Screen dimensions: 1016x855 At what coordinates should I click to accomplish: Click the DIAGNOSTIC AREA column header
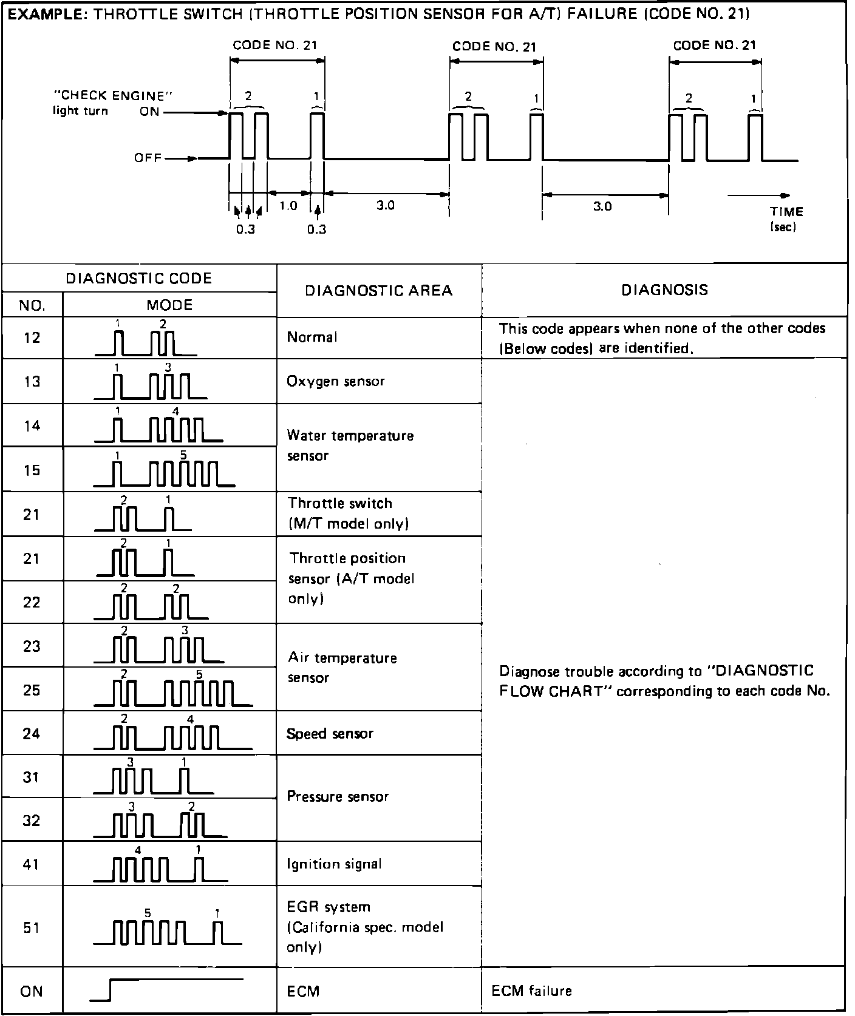pyautogui.click(x=378, y=290)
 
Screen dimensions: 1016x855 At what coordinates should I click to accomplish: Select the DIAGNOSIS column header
pyautogui.click(x=664, y=290)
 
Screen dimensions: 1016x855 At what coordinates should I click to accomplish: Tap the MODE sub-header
pyautogui.click(x=169, y=305)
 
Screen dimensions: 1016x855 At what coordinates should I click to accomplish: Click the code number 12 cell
pyautogui.click(x=32, y=337)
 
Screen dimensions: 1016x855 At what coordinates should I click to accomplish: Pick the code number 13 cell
pyautogui.click(x=32, y=381)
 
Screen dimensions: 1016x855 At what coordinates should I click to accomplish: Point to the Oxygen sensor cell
pyautogui.click(x=336, y=381)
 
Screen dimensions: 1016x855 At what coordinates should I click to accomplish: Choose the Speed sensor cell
pyautogui.click(x=330, y=733)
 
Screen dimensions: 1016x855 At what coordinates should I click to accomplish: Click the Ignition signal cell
pyautogui.click(x=334, y=864)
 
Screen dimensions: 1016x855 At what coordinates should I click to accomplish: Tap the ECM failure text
pyautogui.click(x=531, y=991)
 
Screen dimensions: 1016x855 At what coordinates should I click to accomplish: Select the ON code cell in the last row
pyautogui.click(x=32, y=991)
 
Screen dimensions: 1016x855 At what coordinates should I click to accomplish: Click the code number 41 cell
pyautogui.click(x=32, y=864)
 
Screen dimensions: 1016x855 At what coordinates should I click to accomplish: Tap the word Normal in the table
pyautogui.click(x=312, y=337)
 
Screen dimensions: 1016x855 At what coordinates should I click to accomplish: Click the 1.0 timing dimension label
pyautogui.click(x=288, y=206)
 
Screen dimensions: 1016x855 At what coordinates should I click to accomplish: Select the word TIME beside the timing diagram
pyautogui.click(x=786, y=212)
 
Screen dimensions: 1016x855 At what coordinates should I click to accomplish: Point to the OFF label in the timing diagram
pyautogui.click(x=148, y=158)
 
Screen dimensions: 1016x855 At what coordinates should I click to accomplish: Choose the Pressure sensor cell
pyautogui.click(x=338, y=796)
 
